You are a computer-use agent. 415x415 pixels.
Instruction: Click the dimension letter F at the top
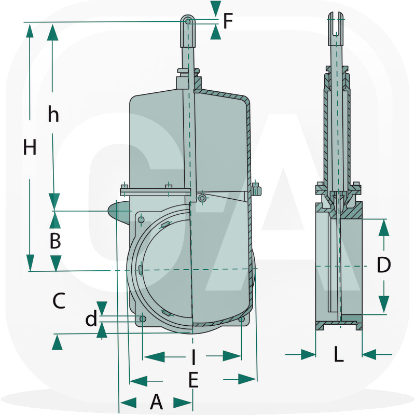(x=228, y=21)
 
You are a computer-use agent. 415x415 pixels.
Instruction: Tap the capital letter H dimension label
(x=30, y=148)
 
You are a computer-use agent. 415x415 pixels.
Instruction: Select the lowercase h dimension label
(x=53, y=114)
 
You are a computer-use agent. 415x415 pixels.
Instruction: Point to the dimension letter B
(x=55, y=241)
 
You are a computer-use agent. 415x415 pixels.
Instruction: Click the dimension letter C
(x=59, y=301)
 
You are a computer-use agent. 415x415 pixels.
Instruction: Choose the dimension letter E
(x=193, y=380)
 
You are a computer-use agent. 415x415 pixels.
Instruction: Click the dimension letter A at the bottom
(x=156, y=402)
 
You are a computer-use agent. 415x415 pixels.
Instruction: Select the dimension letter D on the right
(x=383, y=265)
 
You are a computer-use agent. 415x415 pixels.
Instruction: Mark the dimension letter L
(x=338, y=355)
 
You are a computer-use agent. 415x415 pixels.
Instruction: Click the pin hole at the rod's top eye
(x=188, y=21)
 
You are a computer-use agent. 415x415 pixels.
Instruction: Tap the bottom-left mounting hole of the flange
(x=143, y=318)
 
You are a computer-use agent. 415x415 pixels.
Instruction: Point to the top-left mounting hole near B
(x=141, y=220)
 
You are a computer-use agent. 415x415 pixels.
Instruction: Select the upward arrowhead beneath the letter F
(x=215, y=33)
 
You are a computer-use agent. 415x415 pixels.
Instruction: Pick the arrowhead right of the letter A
(x=182, y=403)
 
